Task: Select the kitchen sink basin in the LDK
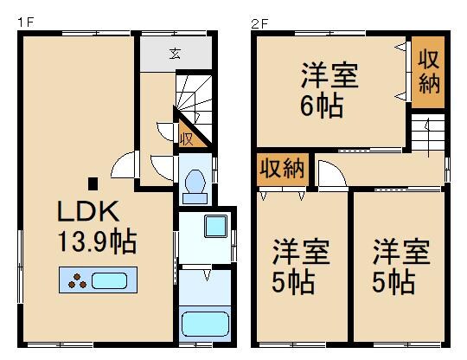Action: click(x=109, y=281)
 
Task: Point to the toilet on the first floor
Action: click(x=195, y=183)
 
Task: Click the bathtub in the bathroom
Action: click(x=204, y=325)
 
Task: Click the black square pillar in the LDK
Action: click(x=93, y=183)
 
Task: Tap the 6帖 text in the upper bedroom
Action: click(x=321, y=107)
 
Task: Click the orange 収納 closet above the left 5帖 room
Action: click(x=281, y=168)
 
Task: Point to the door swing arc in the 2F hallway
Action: click(x=327, y=174)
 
